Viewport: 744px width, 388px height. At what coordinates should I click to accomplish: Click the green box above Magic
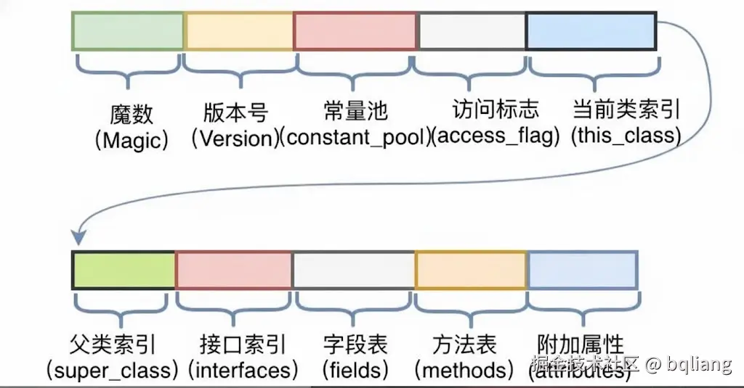[x=127, y=31]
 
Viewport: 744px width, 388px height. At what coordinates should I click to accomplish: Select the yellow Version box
[x=238, y=31]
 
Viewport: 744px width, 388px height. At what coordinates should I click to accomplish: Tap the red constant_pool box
[x=355, y=31]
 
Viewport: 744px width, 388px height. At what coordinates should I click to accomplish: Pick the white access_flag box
[x=472, y=31]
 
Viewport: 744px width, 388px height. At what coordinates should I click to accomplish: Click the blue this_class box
[x=591, y=31]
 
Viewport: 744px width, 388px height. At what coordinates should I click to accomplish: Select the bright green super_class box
[x=124, y=271]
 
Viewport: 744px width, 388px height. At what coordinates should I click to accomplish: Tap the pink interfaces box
[x=233, y=271]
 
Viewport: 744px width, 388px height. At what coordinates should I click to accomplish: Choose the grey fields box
[x=354, y=271]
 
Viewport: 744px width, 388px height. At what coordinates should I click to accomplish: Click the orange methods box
[x=470, y=271]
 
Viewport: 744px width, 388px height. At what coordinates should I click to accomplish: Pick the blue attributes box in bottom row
[x=583, y=271]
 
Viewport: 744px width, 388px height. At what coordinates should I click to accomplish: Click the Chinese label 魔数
[x=132, y=115]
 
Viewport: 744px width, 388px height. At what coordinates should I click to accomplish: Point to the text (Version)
[x=236, y=139]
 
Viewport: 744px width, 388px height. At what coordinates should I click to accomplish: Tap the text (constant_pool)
[x=355, y=138]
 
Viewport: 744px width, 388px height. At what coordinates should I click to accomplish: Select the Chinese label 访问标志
[x=496, y=110]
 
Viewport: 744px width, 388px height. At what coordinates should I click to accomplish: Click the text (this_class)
[x=626, y=136]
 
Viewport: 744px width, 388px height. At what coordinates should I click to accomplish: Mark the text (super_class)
[x=112, y=370]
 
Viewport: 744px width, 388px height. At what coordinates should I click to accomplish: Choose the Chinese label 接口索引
[x=243, y=344]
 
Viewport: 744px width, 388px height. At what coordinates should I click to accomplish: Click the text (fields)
[x=355, y=370]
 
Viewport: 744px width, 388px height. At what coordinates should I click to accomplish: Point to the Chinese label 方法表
[x=464, y=344]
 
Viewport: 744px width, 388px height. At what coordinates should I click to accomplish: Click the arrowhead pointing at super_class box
[x=78, y=238]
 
